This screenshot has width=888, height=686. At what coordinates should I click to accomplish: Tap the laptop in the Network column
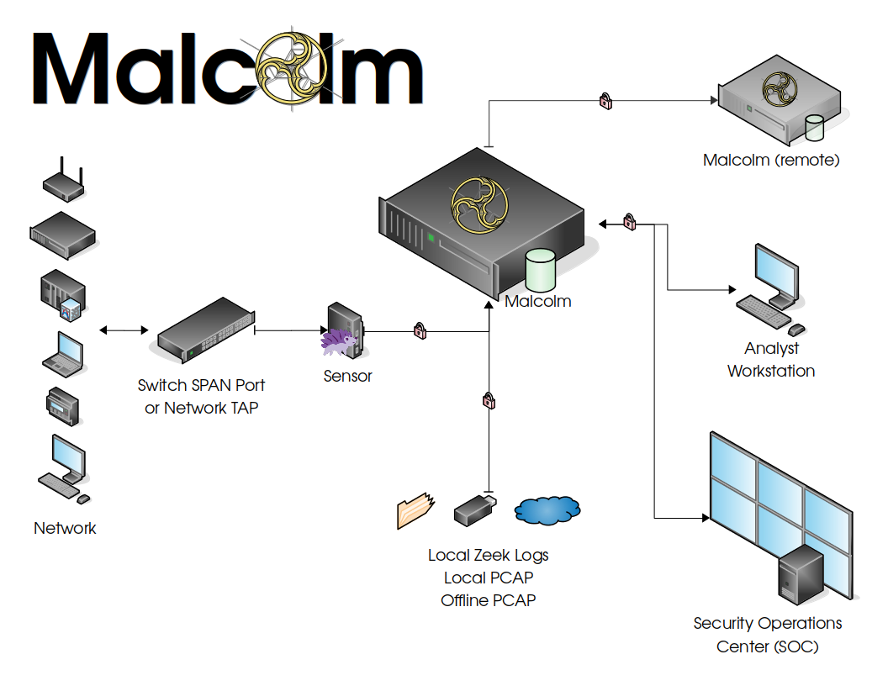[64, 354]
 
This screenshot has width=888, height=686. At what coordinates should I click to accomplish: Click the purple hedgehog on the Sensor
[338, 341]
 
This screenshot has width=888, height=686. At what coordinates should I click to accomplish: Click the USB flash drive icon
[475, 509]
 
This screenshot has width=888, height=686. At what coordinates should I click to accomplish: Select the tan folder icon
[415, 510]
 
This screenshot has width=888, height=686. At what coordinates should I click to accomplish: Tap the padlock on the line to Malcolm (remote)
[605, 101]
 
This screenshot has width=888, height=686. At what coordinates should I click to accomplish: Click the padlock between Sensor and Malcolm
[420, 331]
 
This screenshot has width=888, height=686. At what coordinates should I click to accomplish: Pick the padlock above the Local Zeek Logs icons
[489, 400]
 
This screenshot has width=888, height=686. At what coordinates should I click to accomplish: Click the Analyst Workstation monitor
[776, 273]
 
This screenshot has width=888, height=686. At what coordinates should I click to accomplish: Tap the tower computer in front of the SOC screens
[800, 574]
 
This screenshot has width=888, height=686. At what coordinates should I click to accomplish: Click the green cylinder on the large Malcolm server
[541, 271]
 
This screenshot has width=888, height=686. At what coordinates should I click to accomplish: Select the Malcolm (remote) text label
[771, 160]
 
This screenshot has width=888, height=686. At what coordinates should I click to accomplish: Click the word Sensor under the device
[347, 376]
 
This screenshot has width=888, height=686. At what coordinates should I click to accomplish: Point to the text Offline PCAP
[488, 600]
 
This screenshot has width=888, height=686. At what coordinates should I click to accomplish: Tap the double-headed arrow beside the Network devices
[116, 330]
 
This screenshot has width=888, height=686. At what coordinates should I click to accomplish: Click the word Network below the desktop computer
[65, 528]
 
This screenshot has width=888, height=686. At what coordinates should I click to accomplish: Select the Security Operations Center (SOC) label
[767, 635]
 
